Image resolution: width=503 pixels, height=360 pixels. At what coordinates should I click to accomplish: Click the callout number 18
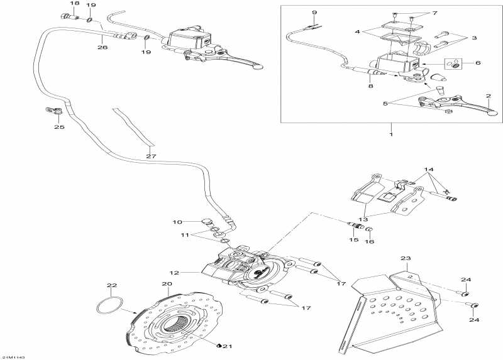click(74, 4)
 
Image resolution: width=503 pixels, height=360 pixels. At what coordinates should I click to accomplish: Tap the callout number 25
click(59, 127)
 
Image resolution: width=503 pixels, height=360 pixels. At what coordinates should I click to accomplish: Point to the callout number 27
click(150, 156)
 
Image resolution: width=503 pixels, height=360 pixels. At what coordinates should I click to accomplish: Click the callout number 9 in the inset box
click(314, 13)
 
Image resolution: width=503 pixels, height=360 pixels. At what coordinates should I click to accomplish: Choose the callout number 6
click(478, 63)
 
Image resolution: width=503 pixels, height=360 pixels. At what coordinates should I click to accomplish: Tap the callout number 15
click(353, 240)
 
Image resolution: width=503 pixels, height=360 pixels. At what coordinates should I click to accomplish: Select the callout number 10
click(177, 222)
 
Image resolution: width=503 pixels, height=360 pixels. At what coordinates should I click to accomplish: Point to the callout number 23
click(405, 258)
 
